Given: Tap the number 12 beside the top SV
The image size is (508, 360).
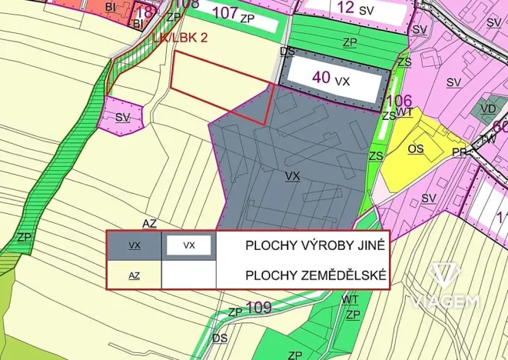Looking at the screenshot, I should coord(347,8).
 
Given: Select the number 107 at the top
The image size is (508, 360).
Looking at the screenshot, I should coord(224,13).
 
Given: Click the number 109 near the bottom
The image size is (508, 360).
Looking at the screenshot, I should coord(259,308).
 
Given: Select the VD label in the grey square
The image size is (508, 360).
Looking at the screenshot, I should coord(488,109).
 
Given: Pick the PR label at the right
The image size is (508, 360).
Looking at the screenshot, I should coord(460,152).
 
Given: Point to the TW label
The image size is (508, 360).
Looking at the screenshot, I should coord(487,139).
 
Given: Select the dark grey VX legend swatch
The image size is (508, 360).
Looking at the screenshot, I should coord(134,246).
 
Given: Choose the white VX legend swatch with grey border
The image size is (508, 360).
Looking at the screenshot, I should coord(189,246).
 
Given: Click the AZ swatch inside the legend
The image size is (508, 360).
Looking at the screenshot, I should coord(134,275).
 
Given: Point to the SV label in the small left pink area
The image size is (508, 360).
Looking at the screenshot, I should coord(123,118).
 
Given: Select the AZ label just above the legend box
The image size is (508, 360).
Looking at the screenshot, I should coord(149,223).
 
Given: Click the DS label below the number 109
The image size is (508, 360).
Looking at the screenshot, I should coord(221,338).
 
